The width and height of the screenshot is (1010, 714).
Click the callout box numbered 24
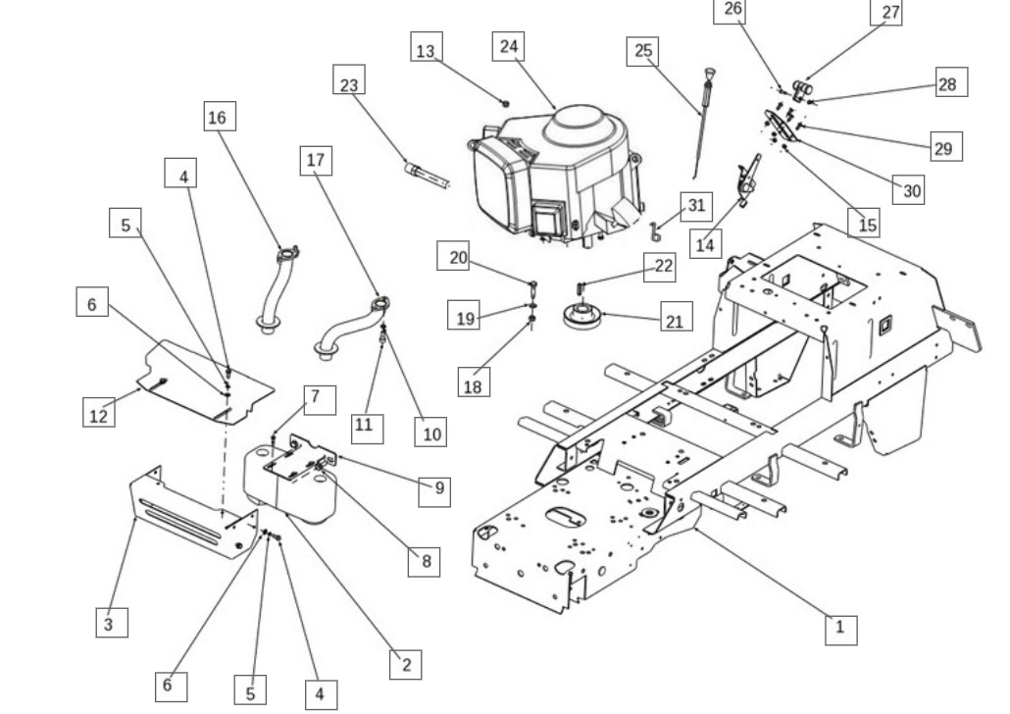pyautogui.click(x=508, y=46)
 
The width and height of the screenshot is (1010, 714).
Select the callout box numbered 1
pyautogui.click(x=841, y=630)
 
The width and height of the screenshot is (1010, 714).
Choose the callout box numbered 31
pyautogui.click(x=696, y=206)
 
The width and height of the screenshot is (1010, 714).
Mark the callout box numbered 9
pyautogui.click(x=434, y=491)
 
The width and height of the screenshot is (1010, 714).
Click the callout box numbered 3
pyautogui.click(x=112, y=623)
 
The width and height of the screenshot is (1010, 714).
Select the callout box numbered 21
pyautogui.click(x=677, y=317)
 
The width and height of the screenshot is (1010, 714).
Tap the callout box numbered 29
pyautogui.click(x=946, y=146)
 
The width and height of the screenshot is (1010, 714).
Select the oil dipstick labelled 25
pyautogui.click(x=703, y=123)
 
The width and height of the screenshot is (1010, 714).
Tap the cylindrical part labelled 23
pyautogui.click(x=426, y=176)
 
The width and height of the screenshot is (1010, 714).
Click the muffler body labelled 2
pyautogui.click(x=290, y=486)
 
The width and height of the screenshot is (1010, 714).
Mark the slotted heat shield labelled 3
pyautogui.click(x=193, y=512)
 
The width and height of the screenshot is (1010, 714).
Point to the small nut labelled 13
pyautogui.click(x=506, y=103)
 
